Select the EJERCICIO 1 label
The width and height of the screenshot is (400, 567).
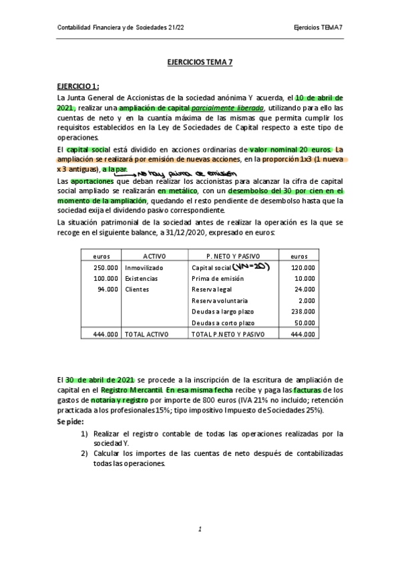click(77, 86)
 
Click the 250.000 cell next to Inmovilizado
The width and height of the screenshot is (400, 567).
click(106, 267)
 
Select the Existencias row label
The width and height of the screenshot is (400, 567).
click(142, 278)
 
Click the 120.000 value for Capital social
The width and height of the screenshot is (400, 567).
click(303, 267)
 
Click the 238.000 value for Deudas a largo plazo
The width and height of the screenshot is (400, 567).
click(303, 312)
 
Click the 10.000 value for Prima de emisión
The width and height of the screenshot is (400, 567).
click(305, 278)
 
